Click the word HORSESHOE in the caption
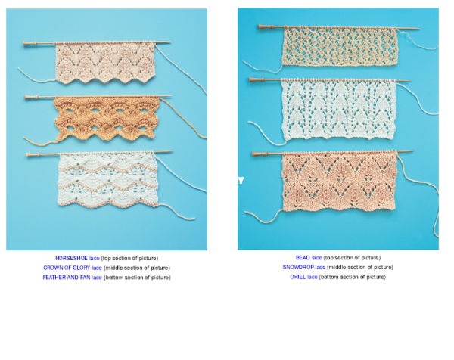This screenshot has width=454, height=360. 71,258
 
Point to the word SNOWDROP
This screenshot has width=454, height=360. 298,268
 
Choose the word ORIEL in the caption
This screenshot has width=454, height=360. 297,277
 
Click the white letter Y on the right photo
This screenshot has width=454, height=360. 241,181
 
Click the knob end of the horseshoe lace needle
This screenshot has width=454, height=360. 24,43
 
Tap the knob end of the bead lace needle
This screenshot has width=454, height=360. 260,26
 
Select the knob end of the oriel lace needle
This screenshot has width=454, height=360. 253,154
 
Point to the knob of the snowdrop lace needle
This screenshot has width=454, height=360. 250,79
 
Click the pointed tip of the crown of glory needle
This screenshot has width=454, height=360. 172,96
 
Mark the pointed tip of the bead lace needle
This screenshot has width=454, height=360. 419,29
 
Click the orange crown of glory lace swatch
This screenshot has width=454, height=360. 107,119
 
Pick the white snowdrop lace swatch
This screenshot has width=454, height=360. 339,110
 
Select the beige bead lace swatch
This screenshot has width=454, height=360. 340,46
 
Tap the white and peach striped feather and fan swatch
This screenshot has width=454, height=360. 107,179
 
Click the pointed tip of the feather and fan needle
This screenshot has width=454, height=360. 173,151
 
